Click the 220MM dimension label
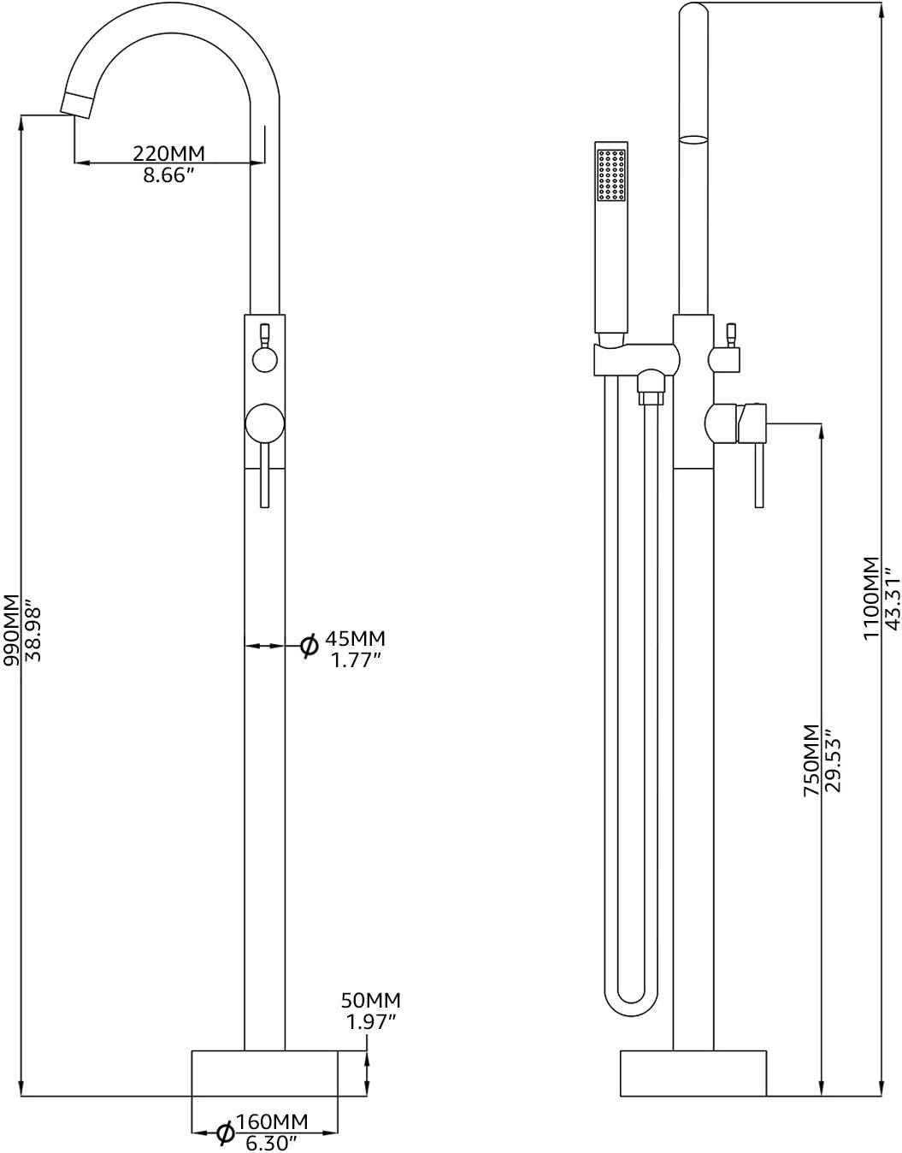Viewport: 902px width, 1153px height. coord(168,153)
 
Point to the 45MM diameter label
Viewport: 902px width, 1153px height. coord(357,638)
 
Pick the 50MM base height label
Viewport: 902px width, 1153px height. coord(371,1000)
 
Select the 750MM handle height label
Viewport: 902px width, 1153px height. coord(811,760)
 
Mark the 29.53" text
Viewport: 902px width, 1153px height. coord(834,760)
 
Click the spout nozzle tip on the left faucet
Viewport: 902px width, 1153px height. coord(75,105)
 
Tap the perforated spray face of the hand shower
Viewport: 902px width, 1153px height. coord(611,176)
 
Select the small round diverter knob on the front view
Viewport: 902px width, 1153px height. coord(265,360)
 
